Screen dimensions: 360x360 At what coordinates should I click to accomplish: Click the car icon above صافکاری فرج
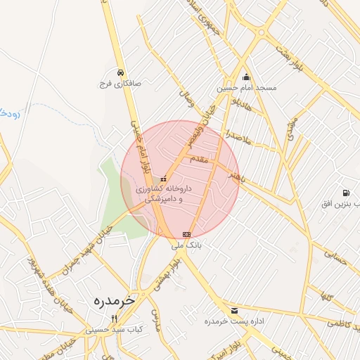coord(121,72)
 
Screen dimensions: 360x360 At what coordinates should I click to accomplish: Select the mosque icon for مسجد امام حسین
coord(245,77)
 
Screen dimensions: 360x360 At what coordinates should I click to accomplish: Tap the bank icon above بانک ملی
coord(186,234)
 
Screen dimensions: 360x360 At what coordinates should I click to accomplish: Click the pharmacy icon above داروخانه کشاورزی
coord(165,179)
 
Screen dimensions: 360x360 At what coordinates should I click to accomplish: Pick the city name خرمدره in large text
coord(113,301)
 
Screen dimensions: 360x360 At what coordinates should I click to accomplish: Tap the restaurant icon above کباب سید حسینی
coord(114,318)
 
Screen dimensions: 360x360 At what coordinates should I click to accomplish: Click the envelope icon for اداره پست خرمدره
coord(234,310)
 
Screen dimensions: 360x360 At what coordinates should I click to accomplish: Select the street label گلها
coord(325,295)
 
